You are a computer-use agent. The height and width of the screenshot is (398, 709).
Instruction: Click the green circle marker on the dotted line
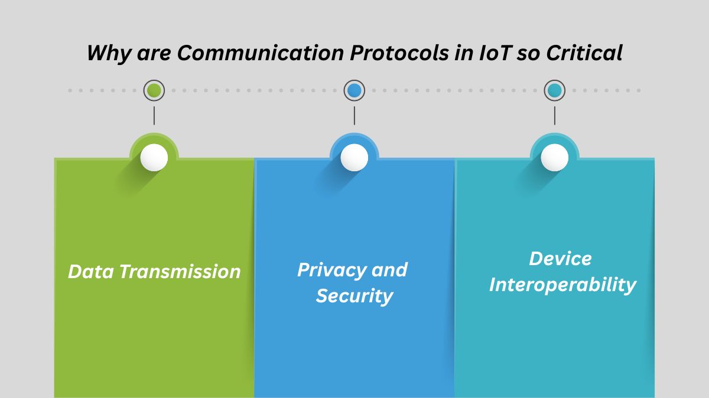[154, 90]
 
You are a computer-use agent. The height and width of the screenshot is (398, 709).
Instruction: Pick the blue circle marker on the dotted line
[354, 90]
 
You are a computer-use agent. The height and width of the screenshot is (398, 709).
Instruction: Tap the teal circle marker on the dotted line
[554, 90]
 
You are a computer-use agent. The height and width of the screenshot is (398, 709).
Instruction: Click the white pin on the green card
[154, 158]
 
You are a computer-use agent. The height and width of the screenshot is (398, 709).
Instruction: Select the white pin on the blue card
[354, 158]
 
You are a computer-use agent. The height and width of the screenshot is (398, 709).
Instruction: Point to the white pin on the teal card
[554, 158]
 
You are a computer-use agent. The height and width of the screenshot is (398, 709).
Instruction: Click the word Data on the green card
[91, 272]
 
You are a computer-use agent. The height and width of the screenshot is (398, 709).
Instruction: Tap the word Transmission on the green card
[180, 272]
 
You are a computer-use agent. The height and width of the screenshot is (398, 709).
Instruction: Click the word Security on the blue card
[354, 295]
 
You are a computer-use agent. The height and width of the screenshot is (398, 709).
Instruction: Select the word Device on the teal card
[560, 259]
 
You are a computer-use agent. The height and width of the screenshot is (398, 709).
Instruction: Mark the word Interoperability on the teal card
[562, 285]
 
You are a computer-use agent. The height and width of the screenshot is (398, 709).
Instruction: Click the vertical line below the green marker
[154, 115]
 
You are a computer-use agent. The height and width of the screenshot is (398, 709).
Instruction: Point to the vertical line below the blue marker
[354, 115]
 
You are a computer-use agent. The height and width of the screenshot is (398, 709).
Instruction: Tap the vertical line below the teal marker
[554, 115]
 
